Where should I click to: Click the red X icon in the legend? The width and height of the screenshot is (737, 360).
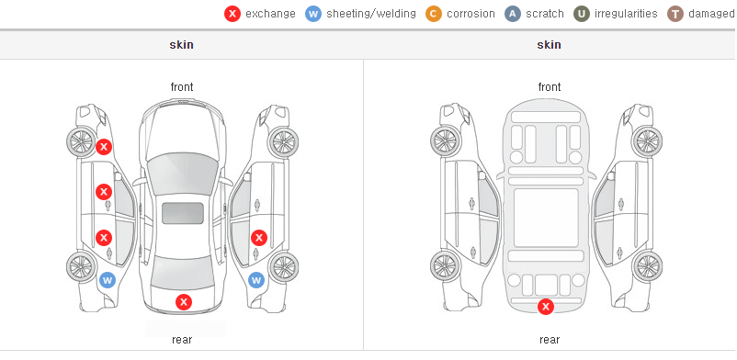coord(232,14)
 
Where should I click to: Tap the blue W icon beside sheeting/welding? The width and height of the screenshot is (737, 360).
coord(313,14)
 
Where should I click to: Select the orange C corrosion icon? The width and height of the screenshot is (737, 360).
coord(434,14)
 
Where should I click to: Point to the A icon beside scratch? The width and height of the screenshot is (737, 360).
coord(513,14)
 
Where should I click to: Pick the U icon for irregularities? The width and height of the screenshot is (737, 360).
coord(582,14)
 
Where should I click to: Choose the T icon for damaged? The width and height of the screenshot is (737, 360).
coord(675,14)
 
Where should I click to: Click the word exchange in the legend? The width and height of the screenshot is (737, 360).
coord(270,14)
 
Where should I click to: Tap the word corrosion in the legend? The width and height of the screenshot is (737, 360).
coord(471,14)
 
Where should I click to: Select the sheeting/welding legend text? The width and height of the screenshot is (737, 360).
coord(371,14)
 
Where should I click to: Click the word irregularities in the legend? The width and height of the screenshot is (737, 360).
coord(626,14)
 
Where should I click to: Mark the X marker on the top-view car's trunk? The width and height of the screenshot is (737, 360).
coord(184,302)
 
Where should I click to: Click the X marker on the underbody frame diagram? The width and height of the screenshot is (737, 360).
coord(546,307)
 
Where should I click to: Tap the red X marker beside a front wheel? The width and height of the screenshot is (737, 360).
coord(104,147)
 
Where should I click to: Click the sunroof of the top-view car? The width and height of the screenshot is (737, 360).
coord(183,213)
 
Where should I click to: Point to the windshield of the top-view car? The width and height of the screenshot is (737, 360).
coord(182,173)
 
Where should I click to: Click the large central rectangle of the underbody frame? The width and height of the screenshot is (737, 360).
coord(546,218)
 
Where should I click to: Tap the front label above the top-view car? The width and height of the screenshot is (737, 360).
coord(182,87)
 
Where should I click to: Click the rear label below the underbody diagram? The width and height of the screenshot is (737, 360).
coord(550,339)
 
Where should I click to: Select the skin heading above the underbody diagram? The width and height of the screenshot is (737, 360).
coord(549,45)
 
